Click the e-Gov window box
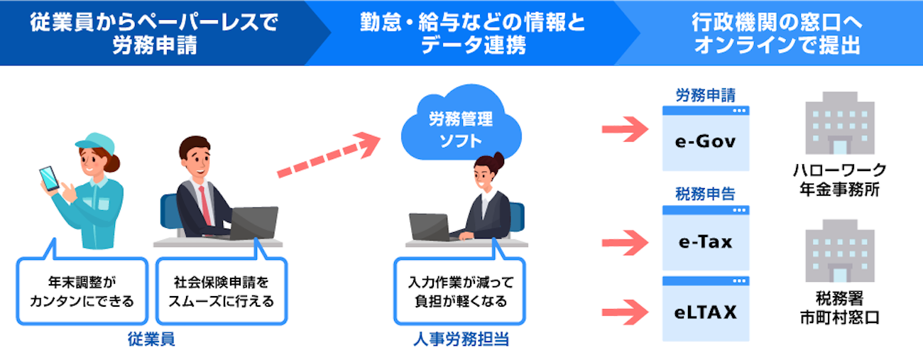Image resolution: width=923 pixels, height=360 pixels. point(706,138)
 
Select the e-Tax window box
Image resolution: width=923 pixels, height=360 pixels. point(706,238)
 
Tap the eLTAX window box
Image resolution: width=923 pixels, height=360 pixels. point(706,309)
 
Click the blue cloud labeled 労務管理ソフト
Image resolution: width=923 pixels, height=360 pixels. point(461,124)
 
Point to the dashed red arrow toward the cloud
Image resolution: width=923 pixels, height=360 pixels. point(329,155)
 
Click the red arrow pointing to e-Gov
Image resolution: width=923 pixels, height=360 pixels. point(625,129)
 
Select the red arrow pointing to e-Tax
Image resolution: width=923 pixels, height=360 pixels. point(625,243)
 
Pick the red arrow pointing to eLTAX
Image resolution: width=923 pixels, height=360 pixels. point(625,312)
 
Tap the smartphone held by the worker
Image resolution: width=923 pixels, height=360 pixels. point(49,178)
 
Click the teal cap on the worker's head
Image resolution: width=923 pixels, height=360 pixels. point(96,143)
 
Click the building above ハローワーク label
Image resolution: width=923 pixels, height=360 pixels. point(840,123)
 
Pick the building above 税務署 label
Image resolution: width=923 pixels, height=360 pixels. point(840,251)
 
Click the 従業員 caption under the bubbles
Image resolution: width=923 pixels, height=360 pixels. point(151,339)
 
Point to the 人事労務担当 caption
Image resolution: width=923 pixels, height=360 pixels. point(461,339)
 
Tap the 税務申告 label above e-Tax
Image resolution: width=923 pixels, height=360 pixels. point(706,194)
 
